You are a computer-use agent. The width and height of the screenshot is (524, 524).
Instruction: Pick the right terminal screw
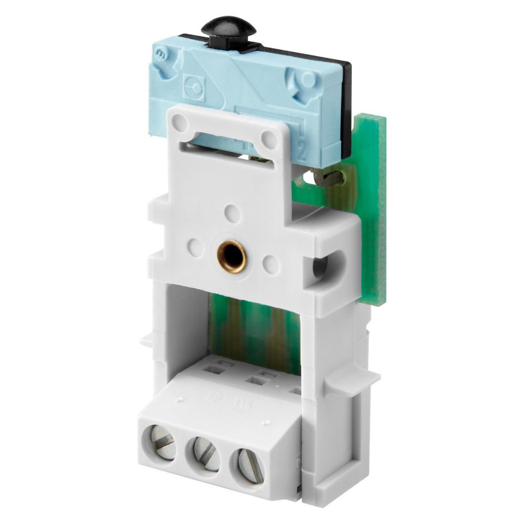(246, 464)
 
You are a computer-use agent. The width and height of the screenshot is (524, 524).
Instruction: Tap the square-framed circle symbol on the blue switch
(194, 83)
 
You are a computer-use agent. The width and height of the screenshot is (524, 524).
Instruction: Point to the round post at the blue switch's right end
(309, 79)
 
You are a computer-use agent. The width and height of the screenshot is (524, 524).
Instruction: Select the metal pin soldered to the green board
(330, 178)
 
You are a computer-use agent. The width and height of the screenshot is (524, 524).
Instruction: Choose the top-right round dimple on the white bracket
(270, 138)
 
